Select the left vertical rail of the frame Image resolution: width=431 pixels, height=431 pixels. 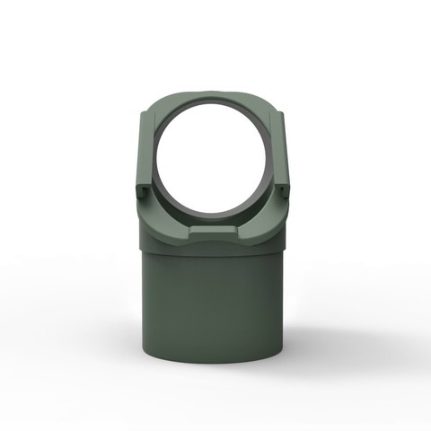click(x=142, y=153)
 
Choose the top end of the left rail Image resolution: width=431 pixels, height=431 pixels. click(x=142, y=113)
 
